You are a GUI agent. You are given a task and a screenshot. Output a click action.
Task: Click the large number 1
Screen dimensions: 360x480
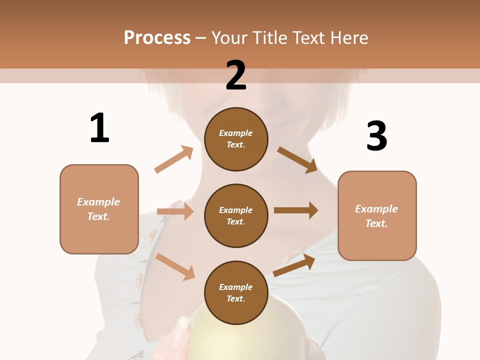(x=99, y=128)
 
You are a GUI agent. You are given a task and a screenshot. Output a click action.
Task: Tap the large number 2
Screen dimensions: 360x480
(x=236, y=75)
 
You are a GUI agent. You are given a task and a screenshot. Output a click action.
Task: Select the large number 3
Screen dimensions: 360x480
(x=377, y=136)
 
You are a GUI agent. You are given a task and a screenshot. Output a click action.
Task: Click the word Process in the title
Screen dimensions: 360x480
(x=157, y=38)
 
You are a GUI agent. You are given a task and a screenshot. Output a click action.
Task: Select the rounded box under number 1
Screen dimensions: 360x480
(x=99, y=209)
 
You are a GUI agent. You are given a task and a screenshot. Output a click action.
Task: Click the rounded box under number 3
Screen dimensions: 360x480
(x=377, y=215)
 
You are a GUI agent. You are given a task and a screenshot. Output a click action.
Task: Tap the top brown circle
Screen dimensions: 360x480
(x=236, y=139)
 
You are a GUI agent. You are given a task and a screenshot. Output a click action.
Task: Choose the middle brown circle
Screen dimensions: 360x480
(x=236, y=215)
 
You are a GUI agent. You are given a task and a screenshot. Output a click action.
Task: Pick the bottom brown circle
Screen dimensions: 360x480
(x=236, y=292)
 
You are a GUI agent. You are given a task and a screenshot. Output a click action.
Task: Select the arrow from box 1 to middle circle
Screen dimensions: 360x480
(x=175, y=211)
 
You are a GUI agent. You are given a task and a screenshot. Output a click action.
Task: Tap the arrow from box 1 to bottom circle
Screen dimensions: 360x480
(x=175, y=266)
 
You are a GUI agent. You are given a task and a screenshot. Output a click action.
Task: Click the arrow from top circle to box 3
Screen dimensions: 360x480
(x=297, y=159)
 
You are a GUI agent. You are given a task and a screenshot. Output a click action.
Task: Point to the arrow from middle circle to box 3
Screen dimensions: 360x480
(x=295, y=210)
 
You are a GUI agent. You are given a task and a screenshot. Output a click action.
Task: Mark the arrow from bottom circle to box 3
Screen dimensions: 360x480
(x=294, y=265)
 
